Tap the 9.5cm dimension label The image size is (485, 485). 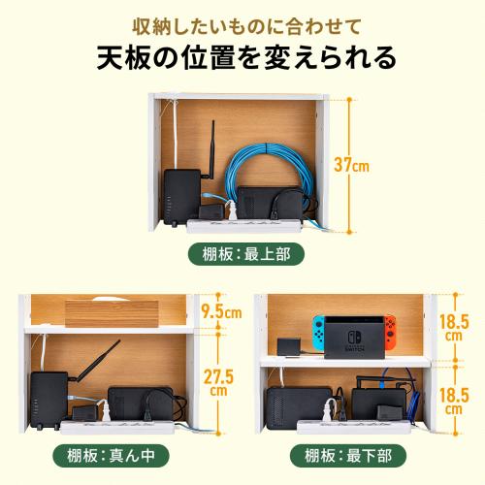[220, 311]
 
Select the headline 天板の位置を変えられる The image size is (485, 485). [242, 55]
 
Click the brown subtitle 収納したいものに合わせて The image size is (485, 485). [242, 20]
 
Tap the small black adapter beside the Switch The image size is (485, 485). [288, 346]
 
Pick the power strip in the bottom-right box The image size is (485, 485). [335, 424]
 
